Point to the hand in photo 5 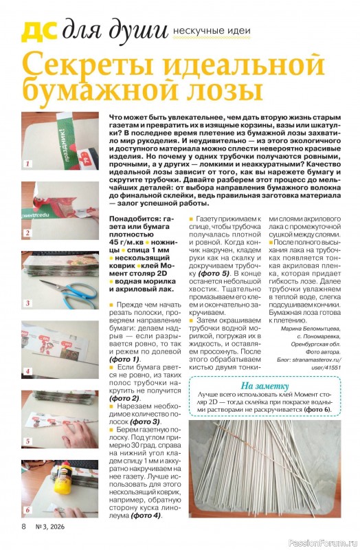pos(76,426)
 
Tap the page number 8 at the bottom pos(23,527)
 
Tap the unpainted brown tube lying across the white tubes pos(254,440)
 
